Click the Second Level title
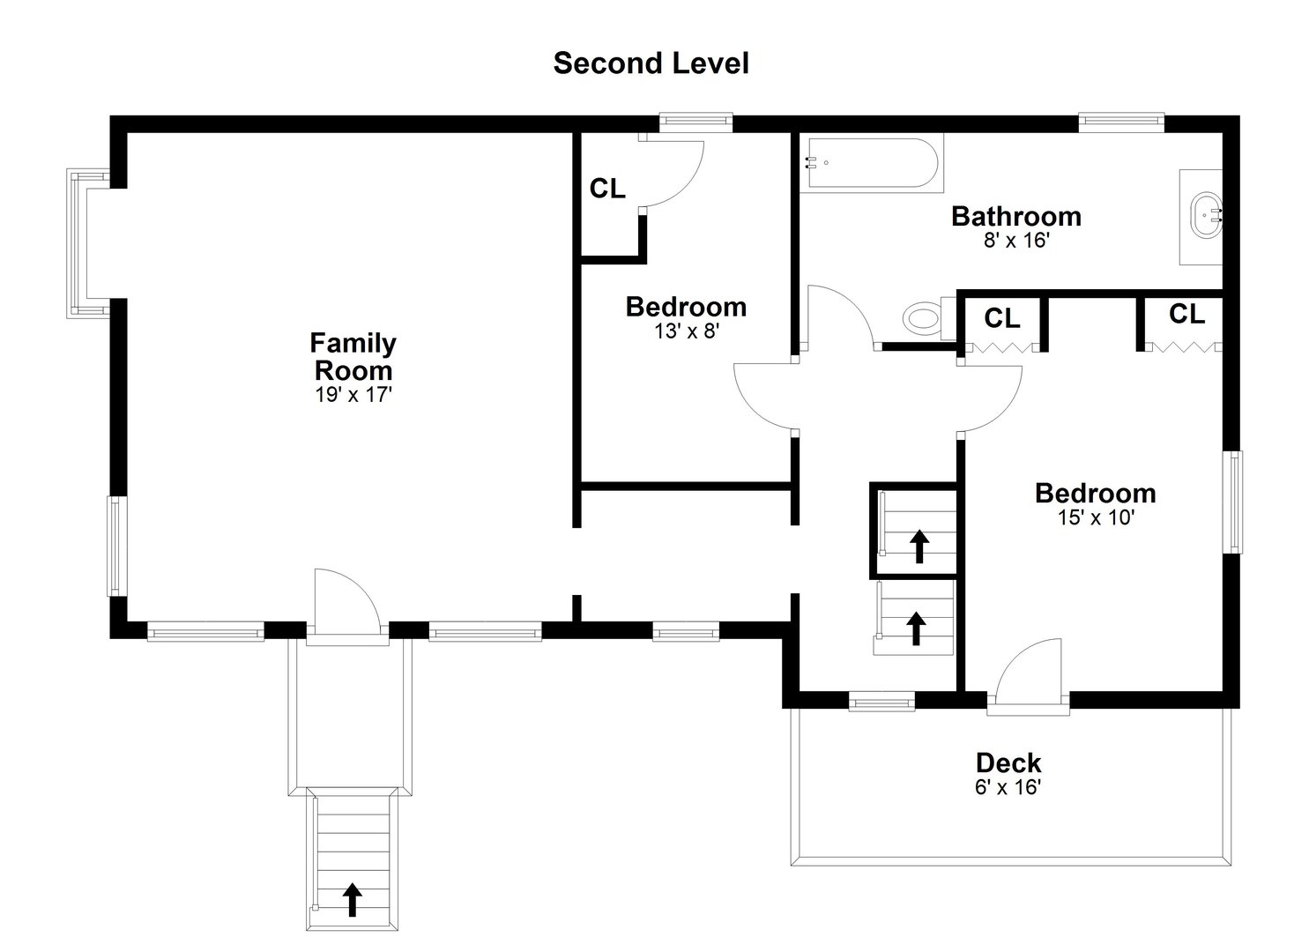pos(651,63)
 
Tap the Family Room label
pos(353,356)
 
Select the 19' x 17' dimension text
pos(353,395)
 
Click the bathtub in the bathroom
pos(871,163)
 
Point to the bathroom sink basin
pos(1204,216)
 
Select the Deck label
pos(1008,762)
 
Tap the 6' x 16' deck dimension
pos(1008,787)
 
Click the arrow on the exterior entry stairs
pos(352,899)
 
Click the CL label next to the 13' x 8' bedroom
pos(607,189)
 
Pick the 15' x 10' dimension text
pos(1095,517)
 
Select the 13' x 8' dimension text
pos(686,331)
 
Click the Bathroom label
pos(1015,216)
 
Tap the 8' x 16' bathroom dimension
pos(1015,240)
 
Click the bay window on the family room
pos(86,244)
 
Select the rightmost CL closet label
pos(1186,314)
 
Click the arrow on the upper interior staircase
pos(919,546)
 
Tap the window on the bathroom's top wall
pos(1121,122)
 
